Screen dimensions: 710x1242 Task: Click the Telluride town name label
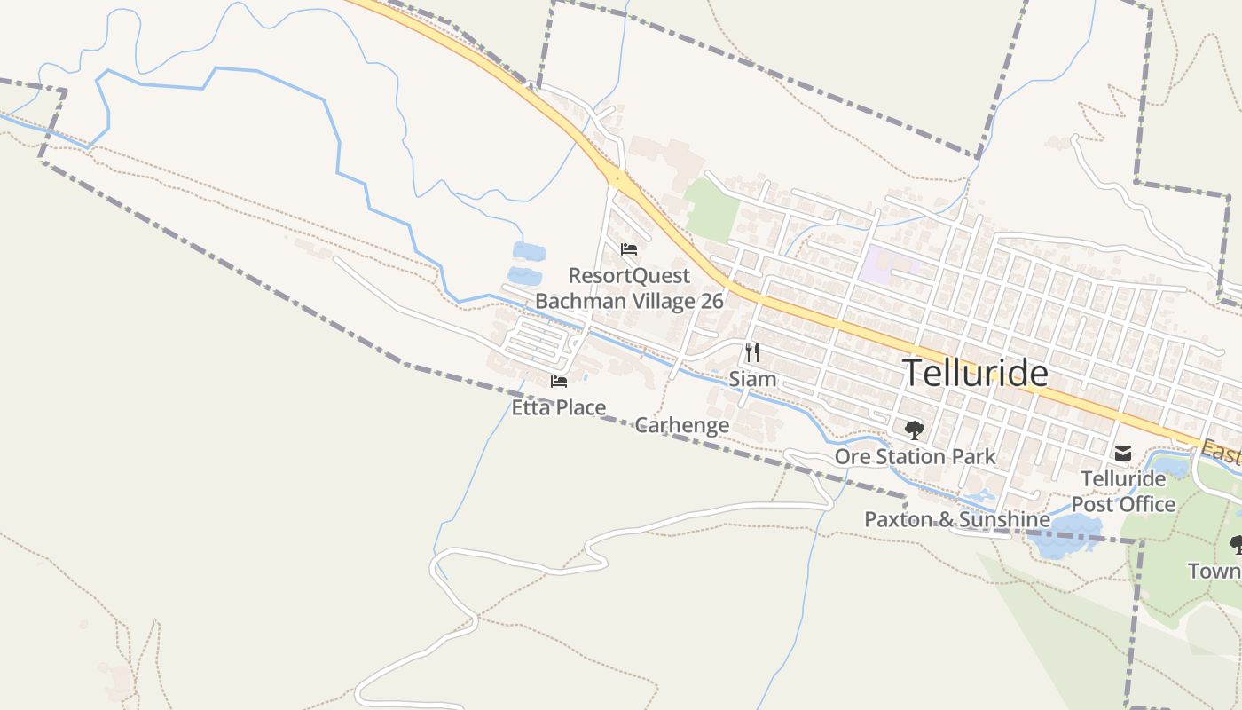click(x=975, y=374)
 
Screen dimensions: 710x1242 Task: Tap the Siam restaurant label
click(x=752, y=379)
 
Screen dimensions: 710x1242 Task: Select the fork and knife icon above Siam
click(x=752, y=352)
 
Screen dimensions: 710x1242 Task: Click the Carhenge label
click(x=682, y=425)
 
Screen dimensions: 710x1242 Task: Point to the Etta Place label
click(x=559, y=407)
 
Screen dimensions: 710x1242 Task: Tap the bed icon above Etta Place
click(x=558, y=382)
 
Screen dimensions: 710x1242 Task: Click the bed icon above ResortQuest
click(x=629, y=249)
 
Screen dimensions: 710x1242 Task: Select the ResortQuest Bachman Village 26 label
click(x=629, y=288)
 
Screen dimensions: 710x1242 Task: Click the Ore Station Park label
click(x=915, y=456)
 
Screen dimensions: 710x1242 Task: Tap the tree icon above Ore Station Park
click(x=914, y=431)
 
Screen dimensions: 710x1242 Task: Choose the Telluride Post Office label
click(x=1123, y=491)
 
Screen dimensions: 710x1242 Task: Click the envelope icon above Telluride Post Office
click(x=1123, y=454)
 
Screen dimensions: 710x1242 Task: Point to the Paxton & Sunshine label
click(x=957, y=519)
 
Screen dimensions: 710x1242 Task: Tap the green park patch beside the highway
click(x=711, y=210)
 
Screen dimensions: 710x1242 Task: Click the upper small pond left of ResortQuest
click(x=529, y=251)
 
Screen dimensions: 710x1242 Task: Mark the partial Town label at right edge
click(x=1214, y=571)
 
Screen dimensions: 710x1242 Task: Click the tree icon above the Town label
click(x=1235, y=543)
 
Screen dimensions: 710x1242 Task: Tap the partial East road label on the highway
click(x=1222, y=453)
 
